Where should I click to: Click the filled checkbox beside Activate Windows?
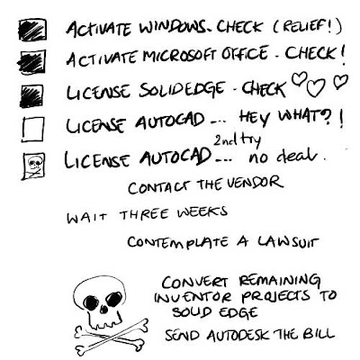point(32,30)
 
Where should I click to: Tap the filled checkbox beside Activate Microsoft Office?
point(31,62)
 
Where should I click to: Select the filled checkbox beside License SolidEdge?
point(31,96)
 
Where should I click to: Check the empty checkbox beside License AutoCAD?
point(33,130)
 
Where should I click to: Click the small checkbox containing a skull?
point(33,166)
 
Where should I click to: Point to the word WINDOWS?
point(173,29)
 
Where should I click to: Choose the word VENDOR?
point(254,182)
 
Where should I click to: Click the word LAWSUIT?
point(287,241)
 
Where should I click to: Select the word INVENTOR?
point(193,297)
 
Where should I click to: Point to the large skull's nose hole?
point(103,309)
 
